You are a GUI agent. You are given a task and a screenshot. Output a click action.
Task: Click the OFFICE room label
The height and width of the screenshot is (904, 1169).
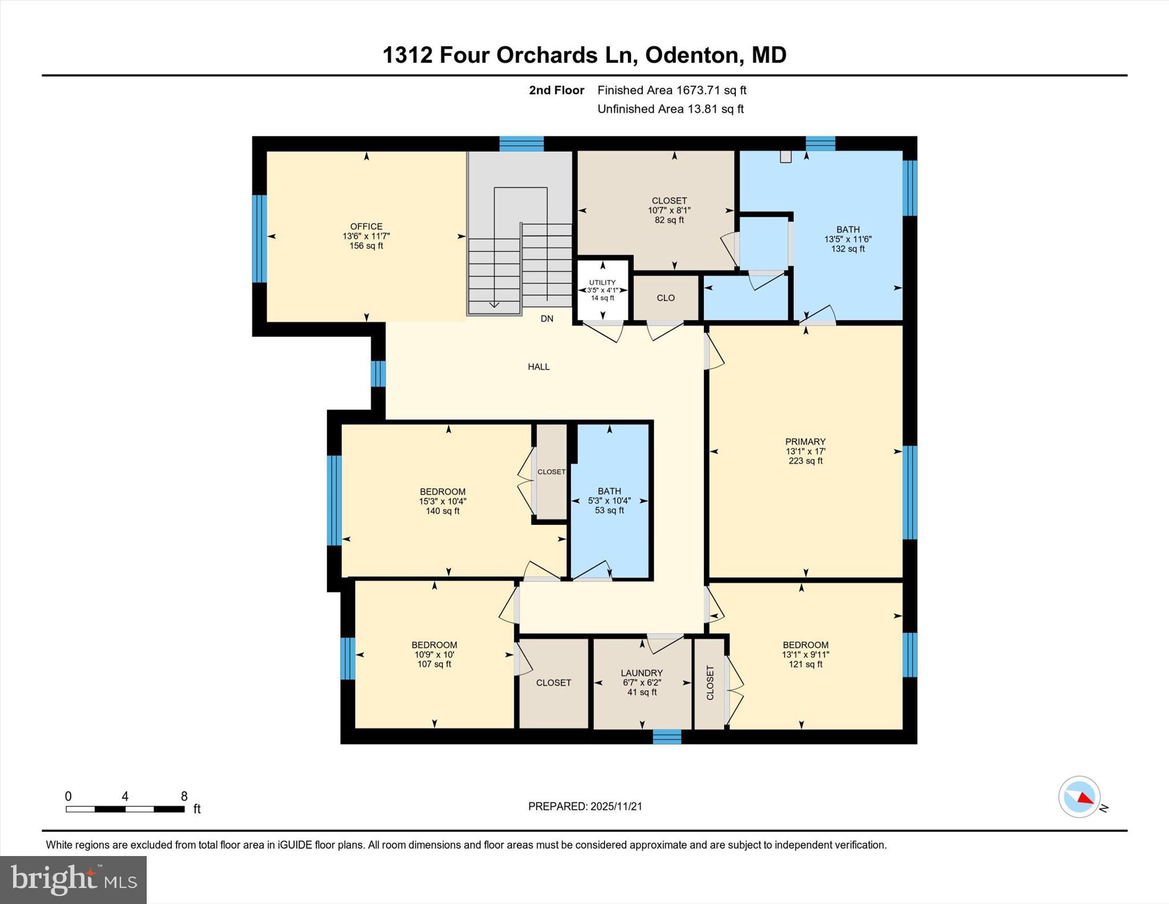366,227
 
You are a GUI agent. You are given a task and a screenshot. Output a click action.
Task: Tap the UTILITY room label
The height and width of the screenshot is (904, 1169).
602,283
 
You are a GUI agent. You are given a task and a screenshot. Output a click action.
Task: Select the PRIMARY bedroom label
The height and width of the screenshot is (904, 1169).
805,441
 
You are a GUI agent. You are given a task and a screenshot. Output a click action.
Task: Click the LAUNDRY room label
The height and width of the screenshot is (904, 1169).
642,673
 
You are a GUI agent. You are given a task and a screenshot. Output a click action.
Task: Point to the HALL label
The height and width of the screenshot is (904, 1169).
538,367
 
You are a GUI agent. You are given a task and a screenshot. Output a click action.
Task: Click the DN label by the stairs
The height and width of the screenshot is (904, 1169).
547,319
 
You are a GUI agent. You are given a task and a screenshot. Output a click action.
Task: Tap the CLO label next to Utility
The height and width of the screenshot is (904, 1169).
666,298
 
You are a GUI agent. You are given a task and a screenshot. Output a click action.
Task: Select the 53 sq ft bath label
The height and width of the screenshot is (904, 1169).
609,511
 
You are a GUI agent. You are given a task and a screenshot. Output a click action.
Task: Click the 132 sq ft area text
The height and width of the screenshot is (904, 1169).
848,249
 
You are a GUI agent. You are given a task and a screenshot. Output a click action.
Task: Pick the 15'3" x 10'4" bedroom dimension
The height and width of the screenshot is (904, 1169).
442,501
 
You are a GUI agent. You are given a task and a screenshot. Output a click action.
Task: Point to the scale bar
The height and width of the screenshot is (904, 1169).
125,809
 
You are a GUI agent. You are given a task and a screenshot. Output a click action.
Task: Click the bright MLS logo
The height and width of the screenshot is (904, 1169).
73,879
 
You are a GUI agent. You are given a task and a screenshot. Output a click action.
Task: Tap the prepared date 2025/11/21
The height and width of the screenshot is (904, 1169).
616,806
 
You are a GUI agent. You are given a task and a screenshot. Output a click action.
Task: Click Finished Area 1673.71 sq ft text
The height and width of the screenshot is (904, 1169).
671,90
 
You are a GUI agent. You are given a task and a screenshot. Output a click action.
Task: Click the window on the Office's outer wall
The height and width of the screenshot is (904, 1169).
259,239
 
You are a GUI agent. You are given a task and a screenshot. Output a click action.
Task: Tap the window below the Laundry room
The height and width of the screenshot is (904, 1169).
667,737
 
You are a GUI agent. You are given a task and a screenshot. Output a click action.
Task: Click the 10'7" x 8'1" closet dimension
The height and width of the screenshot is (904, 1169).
669,210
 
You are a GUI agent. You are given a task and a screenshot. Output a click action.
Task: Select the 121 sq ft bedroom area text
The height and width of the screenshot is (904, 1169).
805,664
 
